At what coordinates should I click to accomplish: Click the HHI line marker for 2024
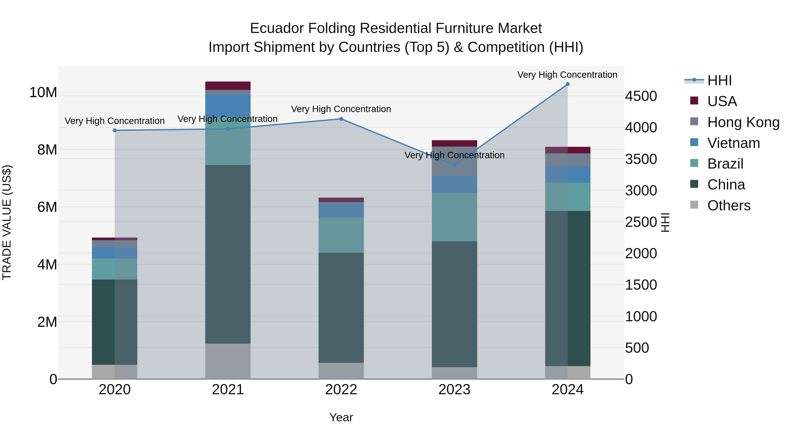coord(567,84)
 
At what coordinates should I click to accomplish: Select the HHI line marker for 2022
coord(341,119)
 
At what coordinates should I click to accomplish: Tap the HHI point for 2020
coord(115,131)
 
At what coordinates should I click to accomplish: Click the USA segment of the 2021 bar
coord(228,86)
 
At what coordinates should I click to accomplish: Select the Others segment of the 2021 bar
coord(228,361)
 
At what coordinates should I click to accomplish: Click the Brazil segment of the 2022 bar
coord(341,235)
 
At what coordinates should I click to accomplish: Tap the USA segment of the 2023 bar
coord(455,143)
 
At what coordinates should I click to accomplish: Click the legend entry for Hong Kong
coord(743,122)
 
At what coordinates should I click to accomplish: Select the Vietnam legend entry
coord(733,143)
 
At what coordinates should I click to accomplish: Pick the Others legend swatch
coord(694,205)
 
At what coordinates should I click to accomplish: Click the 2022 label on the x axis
coord(341,390)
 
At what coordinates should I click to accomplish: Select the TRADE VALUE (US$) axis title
coord(7,222)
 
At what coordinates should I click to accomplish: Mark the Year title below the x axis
coord(341,417)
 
